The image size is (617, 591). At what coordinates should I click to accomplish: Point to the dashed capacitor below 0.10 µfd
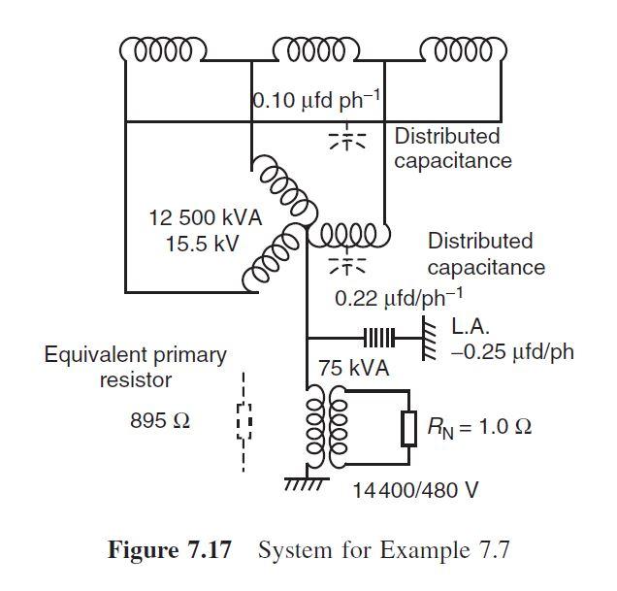(x=347, y=138)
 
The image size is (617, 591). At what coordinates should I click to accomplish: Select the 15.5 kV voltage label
(x=202, y=243)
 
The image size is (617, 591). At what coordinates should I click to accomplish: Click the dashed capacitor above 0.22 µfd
(x=347, y=263)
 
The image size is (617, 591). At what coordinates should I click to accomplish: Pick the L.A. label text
(x=472, y=327)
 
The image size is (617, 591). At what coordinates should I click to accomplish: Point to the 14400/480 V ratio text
(x=416, y=488)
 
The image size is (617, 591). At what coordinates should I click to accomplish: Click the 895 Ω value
(x=159, y=422)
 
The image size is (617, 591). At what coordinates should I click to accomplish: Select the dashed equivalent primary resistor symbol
(x=244, y=423)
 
